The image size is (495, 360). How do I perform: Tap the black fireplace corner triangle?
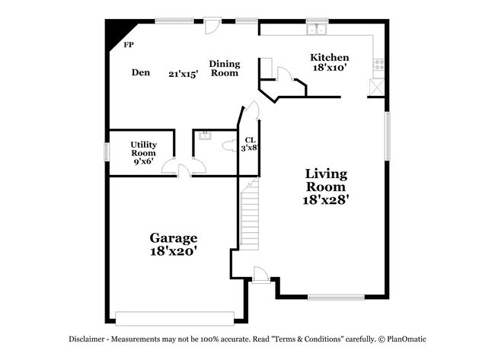[115, 33]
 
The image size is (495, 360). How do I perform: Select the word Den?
[140, 73]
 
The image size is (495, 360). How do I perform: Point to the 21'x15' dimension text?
[184, 74]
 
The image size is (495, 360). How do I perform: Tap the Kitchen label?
[330, 58]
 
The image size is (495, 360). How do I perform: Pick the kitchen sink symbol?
[317, 31]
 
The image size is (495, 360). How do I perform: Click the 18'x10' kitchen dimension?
[331, 68]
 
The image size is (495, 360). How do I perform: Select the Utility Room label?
[143, 148]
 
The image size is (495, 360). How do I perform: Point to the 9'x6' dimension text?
[144, 161]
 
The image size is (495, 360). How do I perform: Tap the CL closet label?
[250, 139]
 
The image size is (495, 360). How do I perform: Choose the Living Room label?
[325, 180]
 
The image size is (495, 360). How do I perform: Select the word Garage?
[173, 237]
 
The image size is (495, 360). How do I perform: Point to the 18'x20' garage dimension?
[174, 251]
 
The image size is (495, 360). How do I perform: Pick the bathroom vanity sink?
[204, 136]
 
